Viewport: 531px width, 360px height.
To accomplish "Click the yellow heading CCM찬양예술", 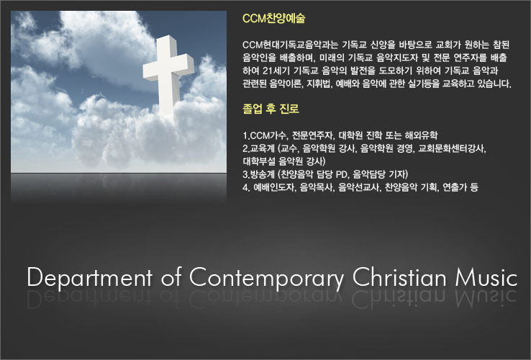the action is click(x=273, y=18).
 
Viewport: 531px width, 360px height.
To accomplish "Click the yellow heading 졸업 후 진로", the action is click(x=271, y=109).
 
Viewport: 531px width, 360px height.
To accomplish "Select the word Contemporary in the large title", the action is click(x=266, y=278).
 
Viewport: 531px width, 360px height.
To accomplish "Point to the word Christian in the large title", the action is click(x=400, y=277).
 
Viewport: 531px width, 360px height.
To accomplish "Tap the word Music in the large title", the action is click(x=486, y=277).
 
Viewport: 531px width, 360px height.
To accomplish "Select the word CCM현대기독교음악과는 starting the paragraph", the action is click(x=290, y=45).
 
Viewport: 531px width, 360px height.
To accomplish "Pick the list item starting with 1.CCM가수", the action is click(x=340, y=135).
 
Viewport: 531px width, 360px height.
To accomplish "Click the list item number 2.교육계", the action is click(x=258, y=148).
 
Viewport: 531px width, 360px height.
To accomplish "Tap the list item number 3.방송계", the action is click(x=258, y=174).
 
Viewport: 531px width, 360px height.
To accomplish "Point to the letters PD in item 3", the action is click(x=342, y=174).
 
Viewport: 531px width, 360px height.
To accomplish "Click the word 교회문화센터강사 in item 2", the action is click(x=452, y=148).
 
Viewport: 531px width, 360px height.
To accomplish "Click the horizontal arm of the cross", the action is click(x=168, y=68).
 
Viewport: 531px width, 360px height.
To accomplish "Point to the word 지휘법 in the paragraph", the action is click(x=319, y=84).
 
